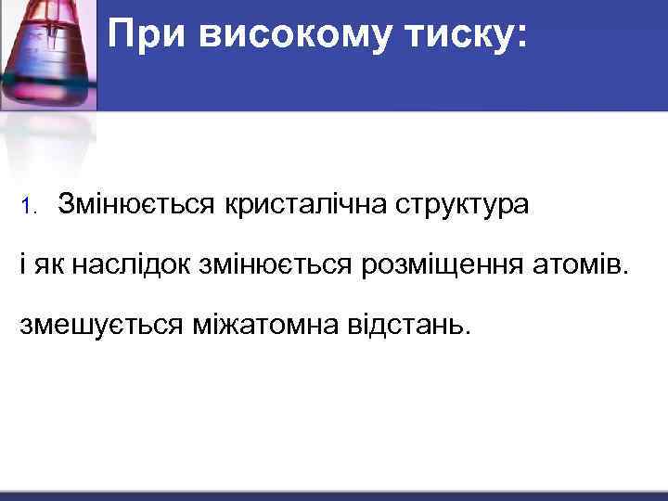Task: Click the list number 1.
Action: tap(28, 206)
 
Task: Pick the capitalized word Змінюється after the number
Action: tap(136, 204)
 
